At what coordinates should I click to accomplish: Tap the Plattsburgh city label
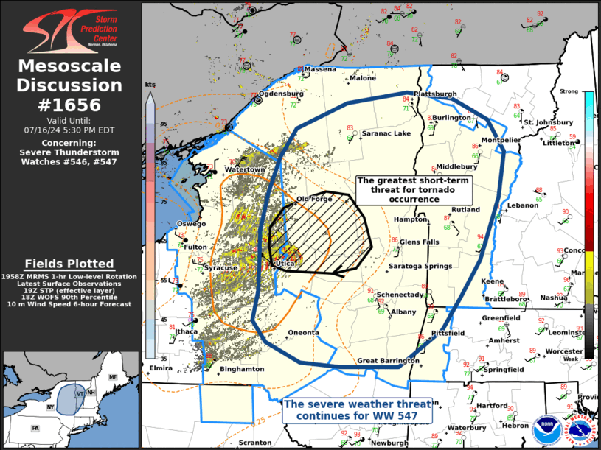[435, 94]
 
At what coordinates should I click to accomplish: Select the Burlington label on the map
[451, 118]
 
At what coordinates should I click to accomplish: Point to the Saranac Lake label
[386, 134]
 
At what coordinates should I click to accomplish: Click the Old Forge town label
[314, 199]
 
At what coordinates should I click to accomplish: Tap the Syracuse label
[220, 267]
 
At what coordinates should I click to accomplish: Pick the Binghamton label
[242, 368]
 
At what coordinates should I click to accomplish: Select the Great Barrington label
[388, 361]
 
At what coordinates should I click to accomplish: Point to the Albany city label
[403, 312]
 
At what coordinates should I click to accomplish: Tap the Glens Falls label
[420, 242]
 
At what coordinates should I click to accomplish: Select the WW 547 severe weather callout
[358, 409]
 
